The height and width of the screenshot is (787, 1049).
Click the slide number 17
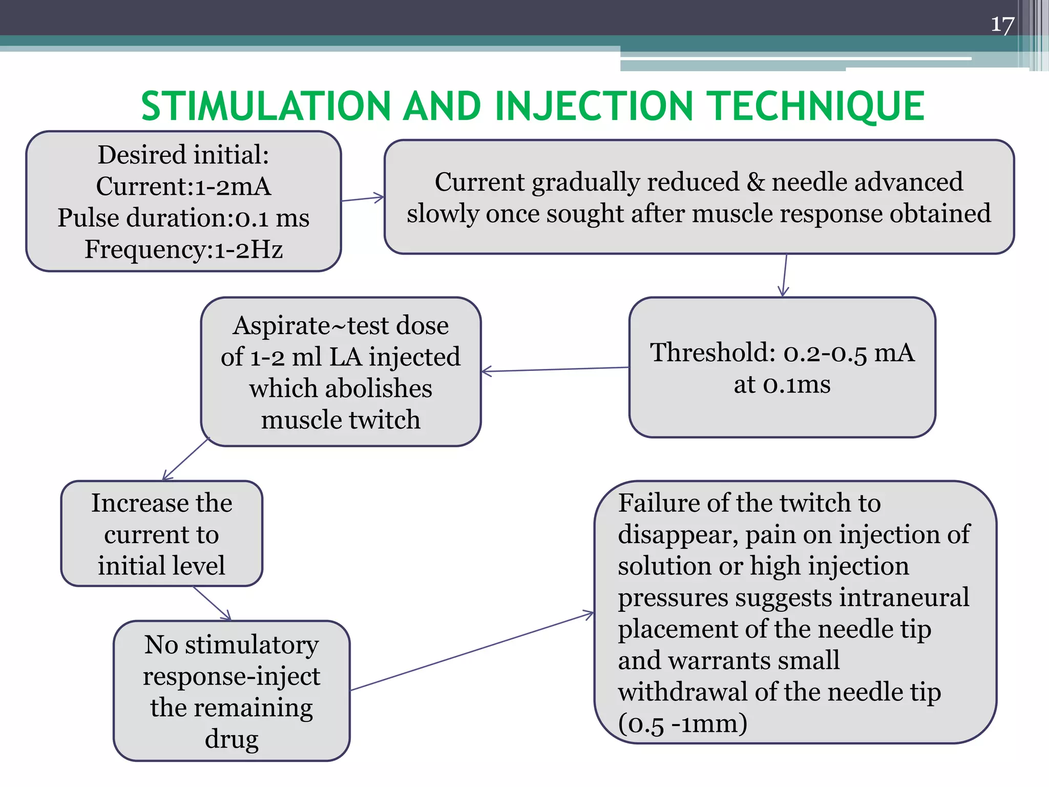pyautogui.click(x=1002, y=25)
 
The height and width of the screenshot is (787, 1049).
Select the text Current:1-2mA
pyautogui.click(x=183, y=186)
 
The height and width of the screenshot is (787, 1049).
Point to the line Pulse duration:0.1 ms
pyautogui.click(x=183, y=218)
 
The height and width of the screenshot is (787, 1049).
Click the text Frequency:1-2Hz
pyautogui.click(x=183, y=250)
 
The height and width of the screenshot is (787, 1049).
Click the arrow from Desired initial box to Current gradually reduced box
pyautogui.click(x=363, y=199)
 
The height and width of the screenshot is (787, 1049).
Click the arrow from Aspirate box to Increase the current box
pyautogui.click(x=185, y=459)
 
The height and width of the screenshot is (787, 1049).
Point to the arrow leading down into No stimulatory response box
pyautogui.click(x=212, y=603)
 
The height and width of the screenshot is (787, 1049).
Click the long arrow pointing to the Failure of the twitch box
pyautogui.click(x=471, y=651)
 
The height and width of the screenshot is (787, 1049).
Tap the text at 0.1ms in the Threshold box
pyautogui.click(x=782, y=384)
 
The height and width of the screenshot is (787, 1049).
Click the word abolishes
pyautogui.click(x=341, y=388)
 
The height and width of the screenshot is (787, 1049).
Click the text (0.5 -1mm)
pyautogui.click(x=682, y=723)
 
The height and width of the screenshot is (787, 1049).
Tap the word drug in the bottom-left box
pyautogui.click(x=232, y=739)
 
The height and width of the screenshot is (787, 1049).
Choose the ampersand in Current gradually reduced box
pyautogui.click(x=756, y=182)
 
